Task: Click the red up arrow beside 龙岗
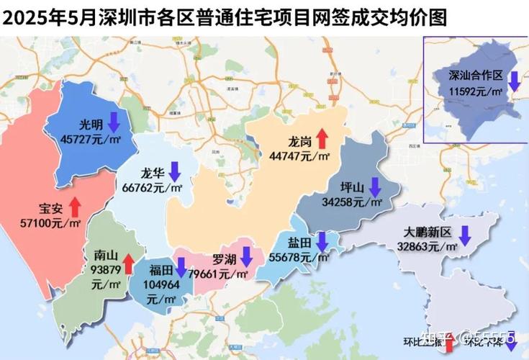[x=320, y=138]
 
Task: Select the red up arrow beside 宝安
[x=75, y=208]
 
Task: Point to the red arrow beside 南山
[x=127, y=264]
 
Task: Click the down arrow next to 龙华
[x=173, y=173]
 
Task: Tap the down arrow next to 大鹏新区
[x=465, y=234]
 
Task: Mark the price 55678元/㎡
[x=299, y=256]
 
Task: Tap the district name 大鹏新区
[x=426, y=232]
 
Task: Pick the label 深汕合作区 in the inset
[x=475, y=75]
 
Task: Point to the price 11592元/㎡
[x=476, y=91]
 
